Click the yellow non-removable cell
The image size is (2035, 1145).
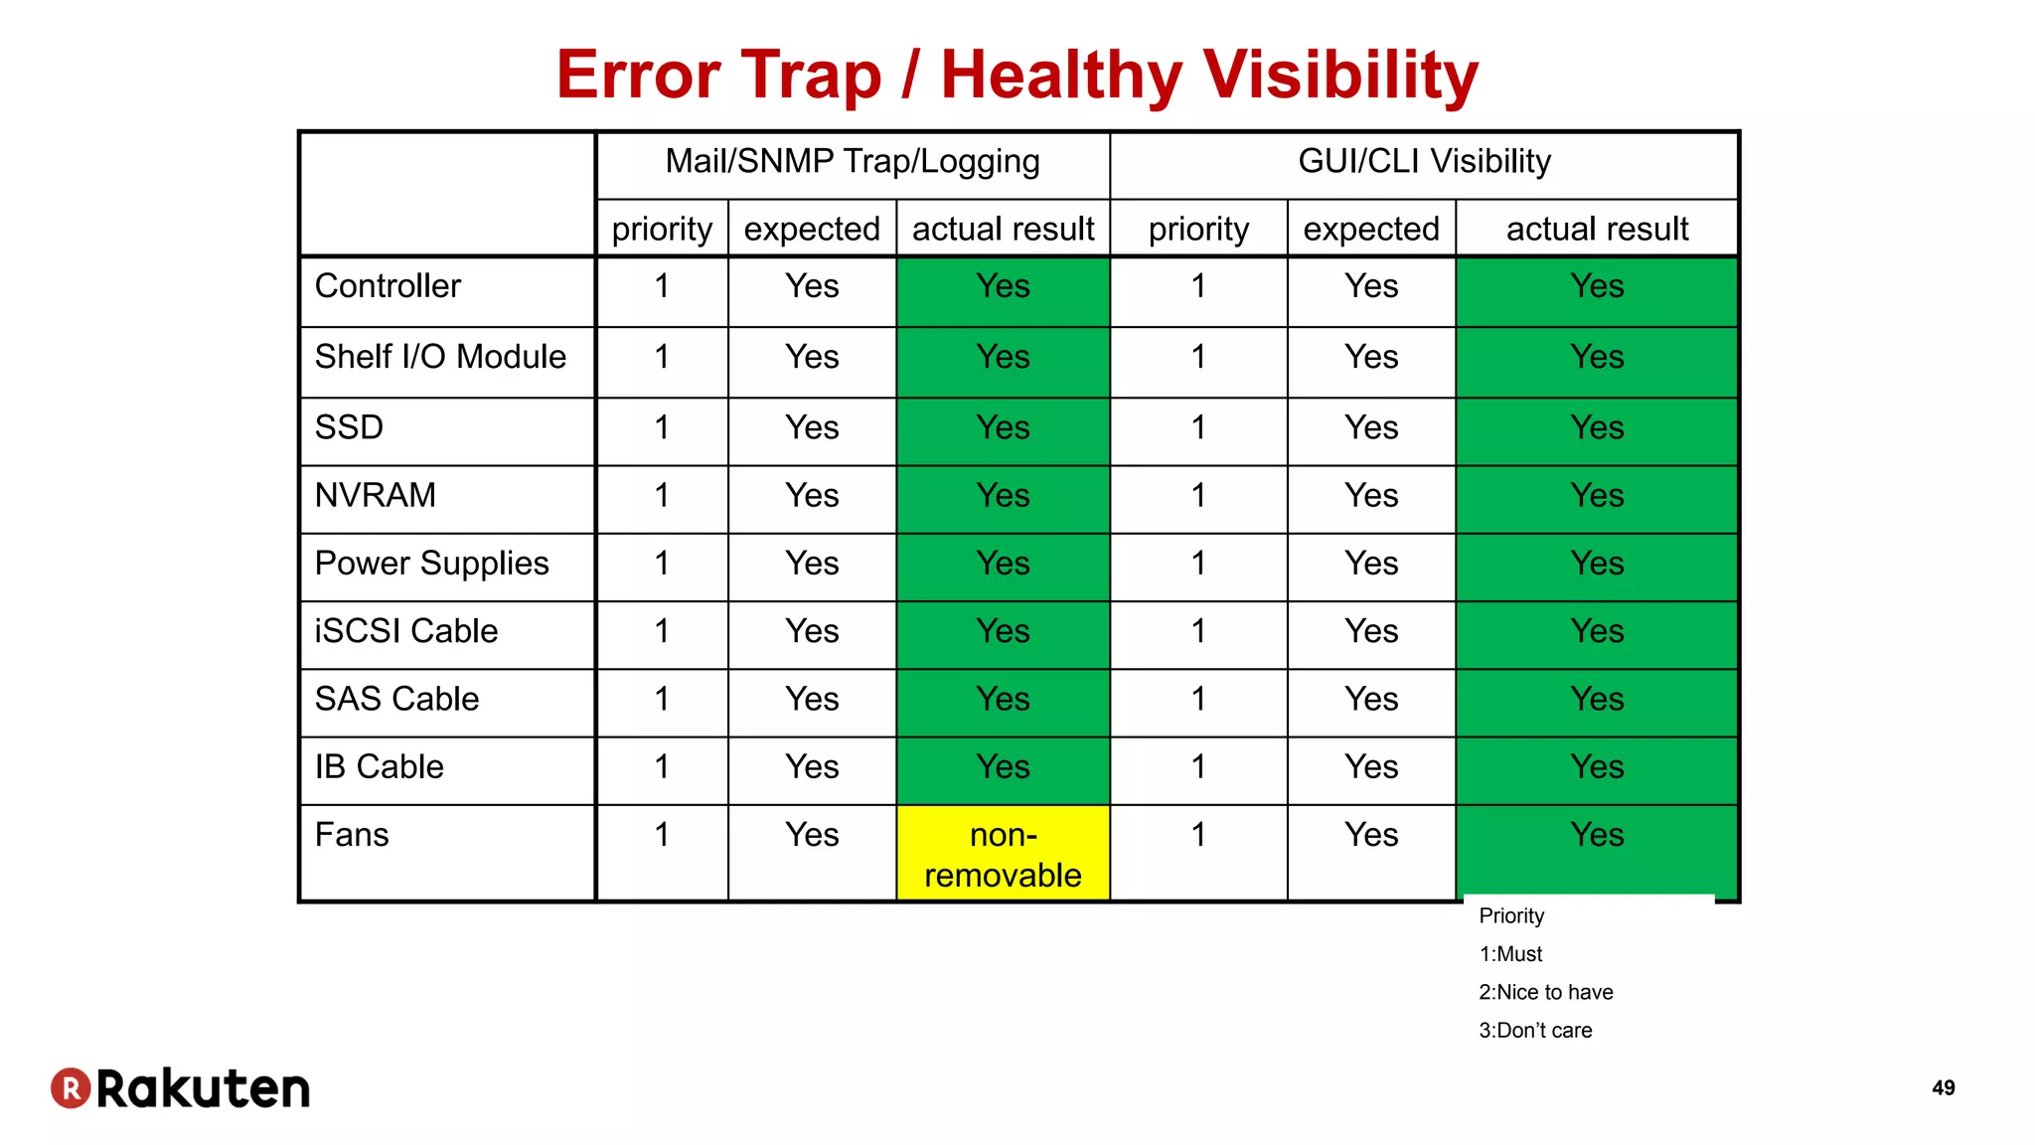pos(1003,854)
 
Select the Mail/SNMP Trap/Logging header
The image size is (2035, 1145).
pos(853,162)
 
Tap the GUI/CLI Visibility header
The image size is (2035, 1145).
pos(1424,162)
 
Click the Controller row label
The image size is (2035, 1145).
pos(388,286)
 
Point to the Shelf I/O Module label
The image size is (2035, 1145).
pos(440,357)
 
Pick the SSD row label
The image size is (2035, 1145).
pos(349,427)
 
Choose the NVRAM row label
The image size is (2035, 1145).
pos(376,495)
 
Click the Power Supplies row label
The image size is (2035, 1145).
pos(431,564)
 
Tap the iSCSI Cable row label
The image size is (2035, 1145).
pos(406,631)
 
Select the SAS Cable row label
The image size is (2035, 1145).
pos(396,699)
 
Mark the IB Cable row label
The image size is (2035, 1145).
pos(379,767)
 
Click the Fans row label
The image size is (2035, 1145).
pos(352,835)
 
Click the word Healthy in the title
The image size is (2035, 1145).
pos(1061,76)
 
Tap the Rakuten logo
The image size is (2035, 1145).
pos(181,1088)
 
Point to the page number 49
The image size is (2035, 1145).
pos(1944,1088)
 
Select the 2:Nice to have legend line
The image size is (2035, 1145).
pos(1545,992)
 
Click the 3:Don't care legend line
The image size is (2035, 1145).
pos(1535,1031)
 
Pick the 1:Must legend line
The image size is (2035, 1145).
pos(1510,954)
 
